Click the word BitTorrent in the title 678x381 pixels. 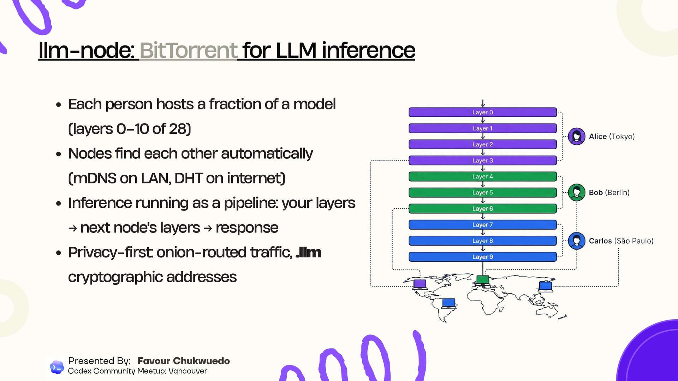point(188,50)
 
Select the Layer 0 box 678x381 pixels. point(482,112)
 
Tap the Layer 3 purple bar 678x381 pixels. point(482,161)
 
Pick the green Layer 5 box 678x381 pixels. point(482,193)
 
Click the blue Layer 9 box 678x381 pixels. point(482,257)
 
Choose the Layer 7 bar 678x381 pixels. point(482,225)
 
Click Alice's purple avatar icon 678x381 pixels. point(576,137)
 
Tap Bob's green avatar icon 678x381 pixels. point(576,193)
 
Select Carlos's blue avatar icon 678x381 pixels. point(576,241)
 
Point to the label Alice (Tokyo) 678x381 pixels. point(612,137)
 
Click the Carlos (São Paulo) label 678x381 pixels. point(621,241)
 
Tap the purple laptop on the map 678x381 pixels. point(420,284)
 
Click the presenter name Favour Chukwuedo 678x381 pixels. point(184,361)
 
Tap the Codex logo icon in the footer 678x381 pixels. point(56,367)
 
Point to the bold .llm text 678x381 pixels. point(308,253)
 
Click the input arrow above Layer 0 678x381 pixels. point(482,103)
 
